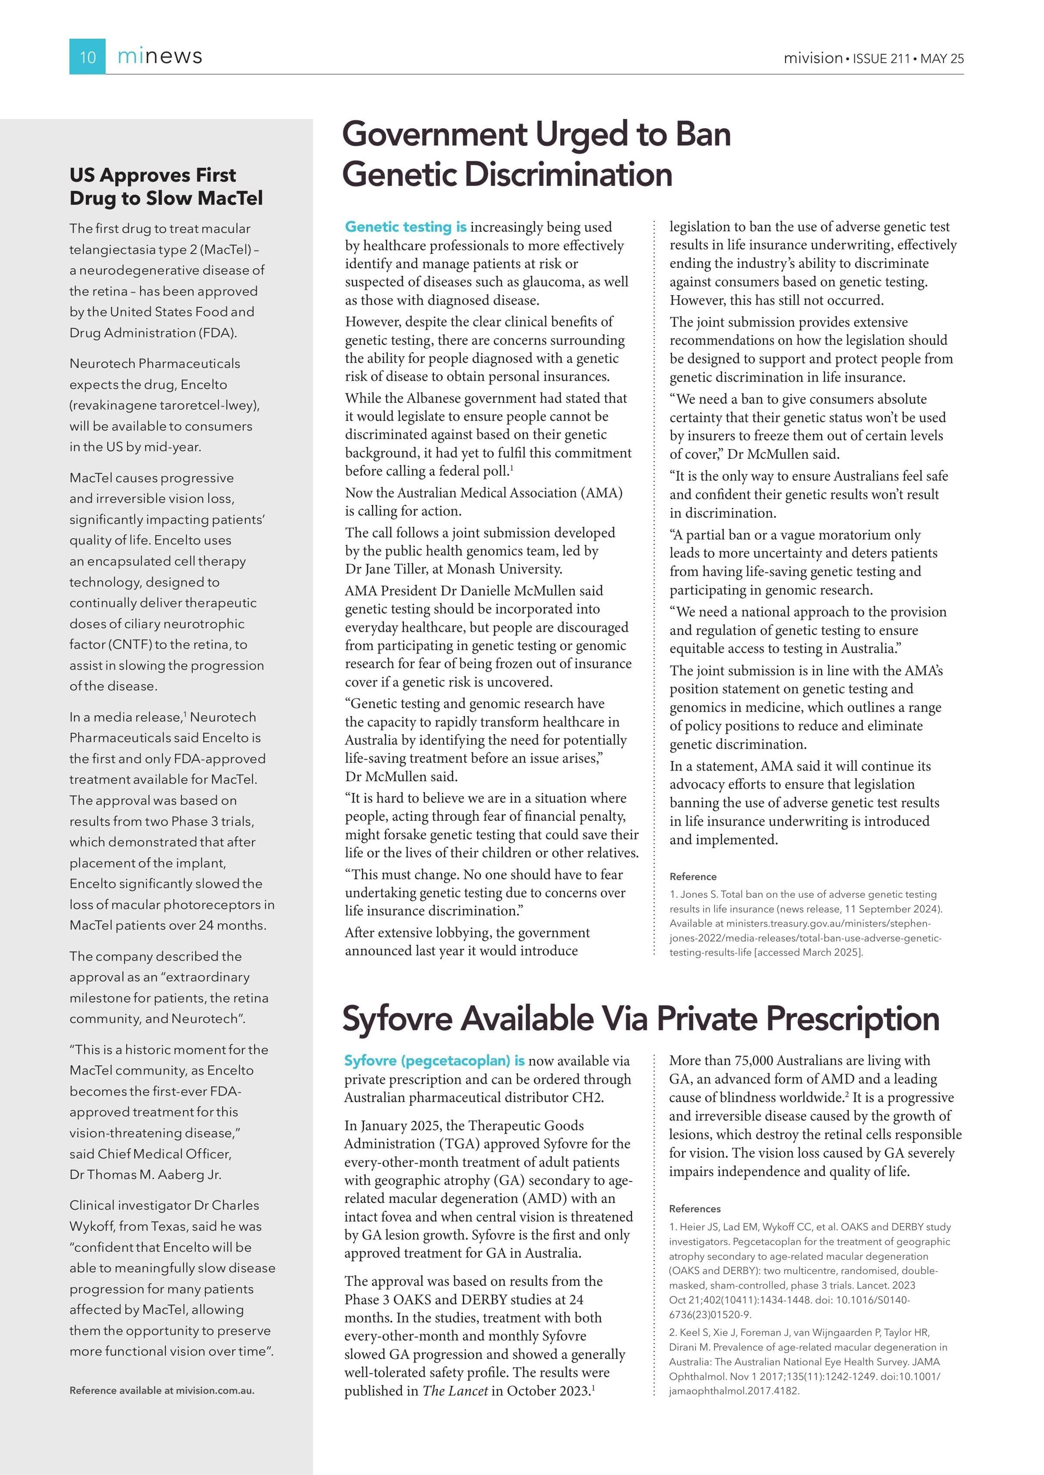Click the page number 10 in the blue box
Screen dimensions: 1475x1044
click(x=87, y=57)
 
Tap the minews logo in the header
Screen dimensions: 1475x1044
click(x=160, y=57)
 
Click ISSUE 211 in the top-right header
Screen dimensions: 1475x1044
click(x=881, y=58)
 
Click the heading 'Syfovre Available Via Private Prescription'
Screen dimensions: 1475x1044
click(x=640, y=1019)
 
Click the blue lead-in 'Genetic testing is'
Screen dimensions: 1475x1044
click(x=406, y=227)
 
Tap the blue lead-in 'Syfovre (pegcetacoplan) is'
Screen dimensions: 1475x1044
click(x=434, y=1061)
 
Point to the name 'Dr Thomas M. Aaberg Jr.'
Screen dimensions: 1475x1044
click(x=145, y=1174)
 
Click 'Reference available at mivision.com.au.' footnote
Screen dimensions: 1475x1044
click(x=161, y=1390)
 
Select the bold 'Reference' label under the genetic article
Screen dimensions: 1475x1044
click(x=693, y=877)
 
